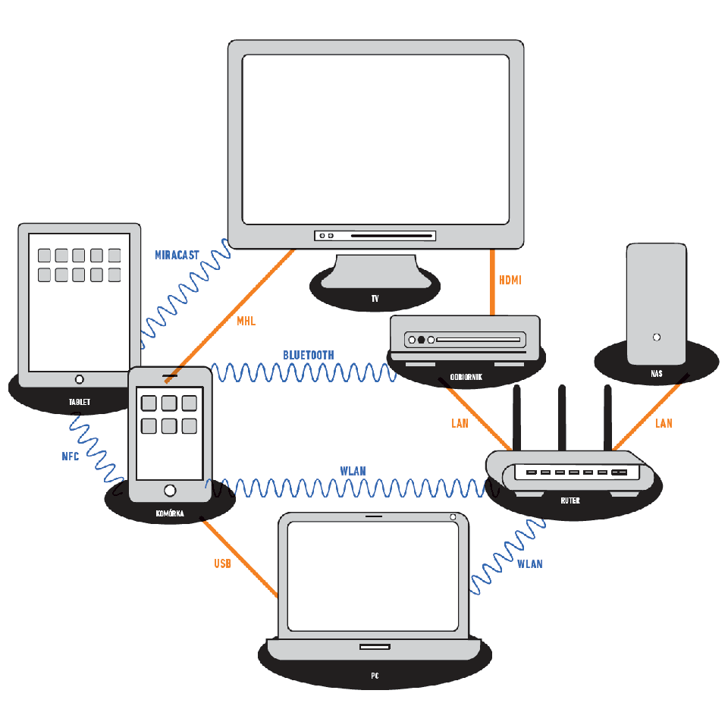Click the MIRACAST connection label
click(177, 255)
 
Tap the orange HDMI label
click(510, 280)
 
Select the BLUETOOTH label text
click(308, 355)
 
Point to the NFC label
click(71, 457)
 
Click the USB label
click(222, 563)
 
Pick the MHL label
click(246, 322)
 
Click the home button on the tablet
click(80, 379)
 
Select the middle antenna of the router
click(562, 417)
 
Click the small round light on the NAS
click(656, 337)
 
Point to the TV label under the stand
click(375, 300)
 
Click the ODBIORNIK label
click(466, 376)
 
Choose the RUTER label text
click(570, 500)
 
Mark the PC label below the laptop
click(375, 675)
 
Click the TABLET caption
click(79, 402)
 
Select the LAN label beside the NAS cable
click(664, 424)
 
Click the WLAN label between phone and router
click(353, 471)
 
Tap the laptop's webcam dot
click(453, 517)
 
